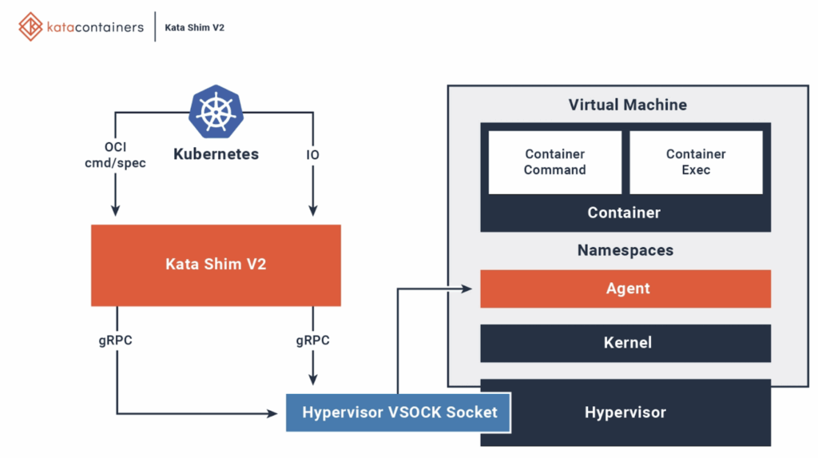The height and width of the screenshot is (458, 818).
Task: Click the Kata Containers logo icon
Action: pos(30,26)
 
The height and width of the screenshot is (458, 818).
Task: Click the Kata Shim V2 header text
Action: pos(194,27)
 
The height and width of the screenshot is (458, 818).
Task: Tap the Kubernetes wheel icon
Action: pos(215,111)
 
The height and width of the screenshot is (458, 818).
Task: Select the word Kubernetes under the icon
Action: pos(216,154)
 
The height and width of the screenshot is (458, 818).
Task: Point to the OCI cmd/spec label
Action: pos(115,155)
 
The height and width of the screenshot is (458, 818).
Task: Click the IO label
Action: pos(312,154)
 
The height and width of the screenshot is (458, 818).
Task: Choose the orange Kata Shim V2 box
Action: pos(216,265)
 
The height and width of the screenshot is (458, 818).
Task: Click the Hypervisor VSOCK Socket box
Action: pos(399,412)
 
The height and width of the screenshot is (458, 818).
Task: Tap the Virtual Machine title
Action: pos(627,105)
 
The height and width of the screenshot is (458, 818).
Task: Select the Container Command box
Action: pos(554,162)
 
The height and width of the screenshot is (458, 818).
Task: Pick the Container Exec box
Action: pos(696,162)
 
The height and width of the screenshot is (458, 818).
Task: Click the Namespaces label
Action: pos(625,250)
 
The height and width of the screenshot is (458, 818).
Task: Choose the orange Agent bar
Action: pos(625,289)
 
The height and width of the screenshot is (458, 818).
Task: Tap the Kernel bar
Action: pos(625,343)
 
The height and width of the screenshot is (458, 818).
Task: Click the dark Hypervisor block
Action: pos(625,413)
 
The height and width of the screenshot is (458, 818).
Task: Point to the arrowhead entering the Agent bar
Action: pos(473,289)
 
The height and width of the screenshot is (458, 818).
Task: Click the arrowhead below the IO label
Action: pos(312,211)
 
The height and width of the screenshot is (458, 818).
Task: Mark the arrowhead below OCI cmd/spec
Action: pos(115,211)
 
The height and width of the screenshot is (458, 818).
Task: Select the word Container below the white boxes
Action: pos(624,213)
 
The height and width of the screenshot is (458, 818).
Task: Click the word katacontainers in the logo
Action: pos(95,27)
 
